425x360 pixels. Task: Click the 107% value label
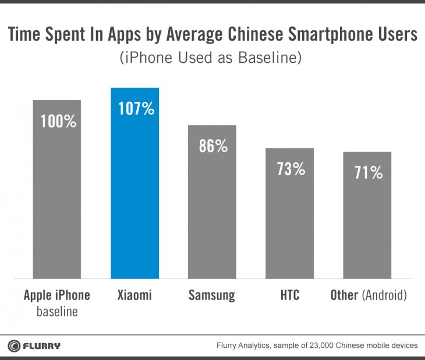point(134,109)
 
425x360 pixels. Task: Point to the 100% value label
point(57,122)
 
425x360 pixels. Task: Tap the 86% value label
point(212,146)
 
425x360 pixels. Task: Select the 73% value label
point(290,169)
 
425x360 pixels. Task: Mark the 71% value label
point(367,173)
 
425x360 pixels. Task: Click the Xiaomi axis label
point(134,295)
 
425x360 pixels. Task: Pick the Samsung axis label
point(212,295)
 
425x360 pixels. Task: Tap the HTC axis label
point(289,295)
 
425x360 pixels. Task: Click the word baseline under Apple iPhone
point(57,312)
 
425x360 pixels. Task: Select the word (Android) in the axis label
point(384,295)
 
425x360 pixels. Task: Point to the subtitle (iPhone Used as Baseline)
point(212,59)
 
